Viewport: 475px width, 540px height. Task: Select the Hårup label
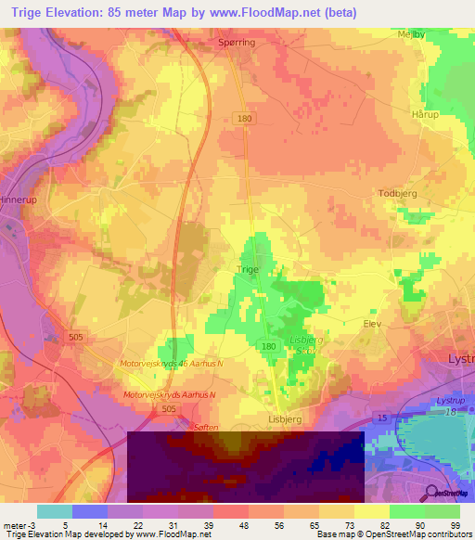[423, 113]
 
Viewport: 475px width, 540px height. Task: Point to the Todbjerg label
[400, 193]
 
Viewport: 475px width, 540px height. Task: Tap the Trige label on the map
[248, 270]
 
